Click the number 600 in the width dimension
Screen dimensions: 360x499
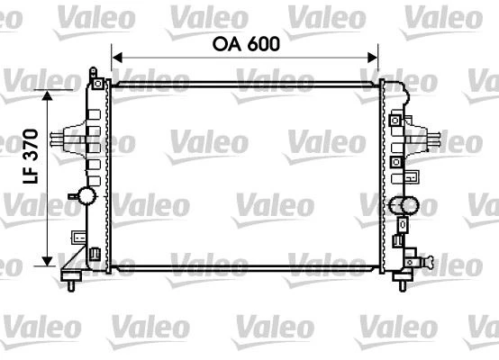[x=260, y=41]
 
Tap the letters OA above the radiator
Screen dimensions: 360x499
[x=225, y=41]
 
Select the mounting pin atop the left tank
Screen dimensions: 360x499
[x=93, y=72]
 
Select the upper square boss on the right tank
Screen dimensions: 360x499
[x=396, y=118]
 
